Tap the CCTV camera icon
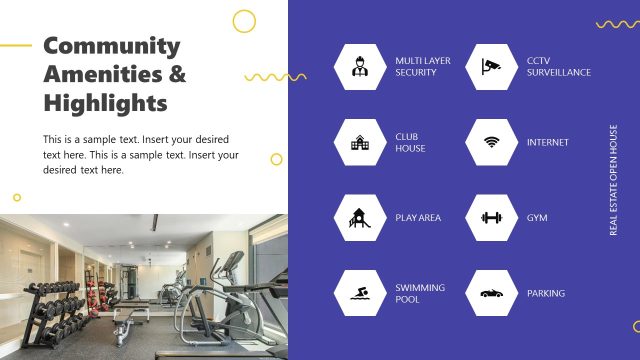[490, 67]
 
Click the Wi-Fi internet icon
[490, 142]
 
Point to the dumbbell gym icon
[490, 217]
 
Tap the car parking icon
[490, 293]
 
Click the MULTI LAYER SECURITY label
[422, 67]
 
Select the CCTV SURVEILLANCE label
[558, 67]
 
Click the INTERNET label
[547, 142]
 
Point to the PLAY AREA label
[418, 217]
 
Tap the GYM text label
[537, 217]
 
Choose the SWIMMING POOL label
[420, 293]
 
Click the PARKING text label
[546, 293]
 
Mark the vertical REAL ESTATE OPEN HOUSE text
[614, 180]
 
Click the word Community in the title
[112, 46]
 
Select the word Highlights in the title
[105, 103]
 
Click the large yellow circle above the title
[244, 21]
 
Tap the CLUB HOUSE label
[410, 142]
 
